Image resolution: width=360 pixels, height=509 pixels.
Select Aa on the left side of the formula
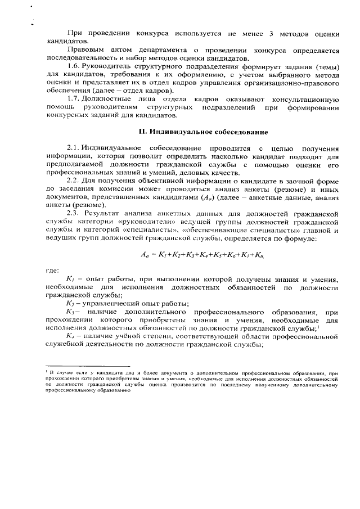(145, 255)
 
